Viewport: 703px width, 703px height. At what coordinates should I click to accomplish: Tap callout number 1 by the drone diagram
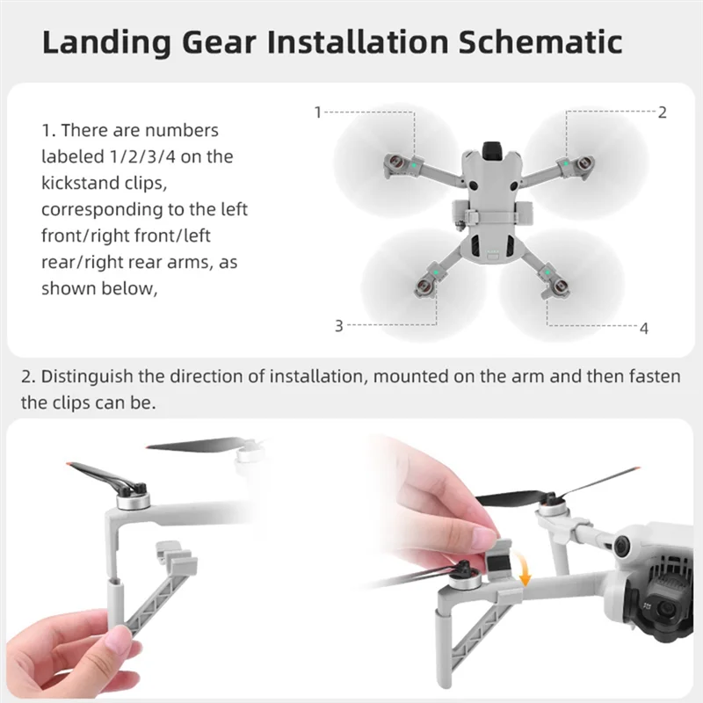click(317, 112)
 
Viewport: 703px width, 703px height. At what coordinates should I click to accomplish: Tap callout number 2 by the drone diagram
click(662, 112)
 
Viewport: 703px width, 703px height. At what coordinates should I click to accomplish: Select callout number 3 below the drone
click(338, 326)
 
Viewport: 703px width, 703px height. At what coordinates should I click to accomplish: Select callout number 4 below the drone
click(644, 328)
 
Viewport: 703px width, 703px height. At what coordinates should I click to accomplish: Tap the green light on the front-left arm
click(410, 163)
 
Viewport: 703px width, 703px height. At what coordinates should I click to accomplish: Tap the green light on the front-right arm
click(568, 163)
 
